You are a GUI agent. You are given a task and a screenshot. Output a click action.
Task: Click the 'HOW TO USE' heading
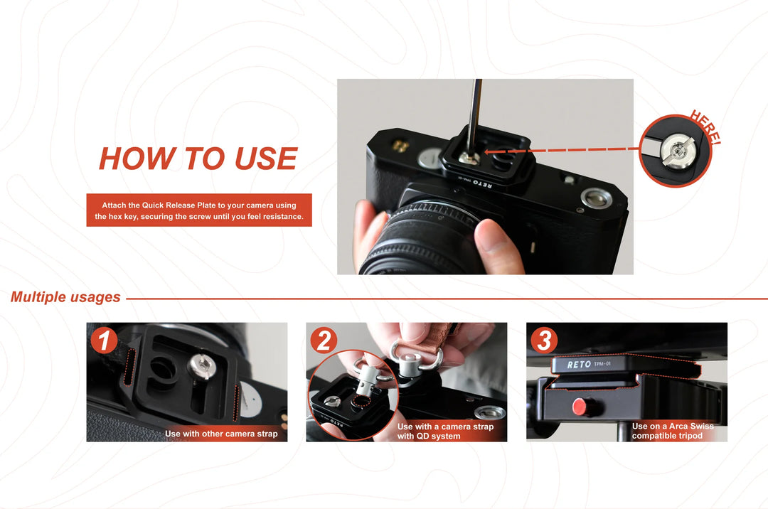pos(198,159)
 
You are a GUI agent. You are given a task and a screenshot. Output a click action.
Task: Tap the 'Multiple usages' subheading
pos(65,297)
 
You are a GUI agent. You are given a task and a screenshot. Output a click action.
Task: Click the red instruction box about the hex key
pos(199,210)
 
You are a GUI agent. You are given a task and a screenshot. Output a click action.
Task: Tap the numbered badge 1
pos(105,341)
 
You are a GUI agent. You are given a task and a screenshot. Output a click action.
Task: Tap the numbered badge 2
pos(324,341)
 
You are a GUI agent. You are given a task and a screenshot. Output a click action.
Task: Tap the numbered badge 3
pos(544,341)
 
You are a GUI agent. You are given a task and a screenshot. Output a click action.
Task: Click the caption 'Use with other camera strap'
pos(221,433)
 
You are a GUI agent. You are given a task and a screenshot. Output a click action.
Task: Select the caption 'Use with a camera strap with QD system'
pos(445,432)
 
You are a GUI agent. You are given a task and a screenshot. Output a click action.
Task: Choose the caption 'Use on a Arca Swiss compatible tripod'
pos(672,431)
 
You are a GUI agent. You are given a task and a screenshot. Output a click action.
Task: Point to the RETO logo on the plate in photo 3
pos(579,365)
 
